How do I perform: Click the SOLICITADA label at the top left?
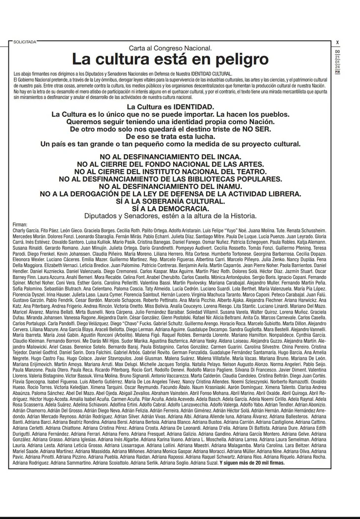25,42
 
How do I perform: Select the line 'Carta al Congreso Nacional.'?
170,48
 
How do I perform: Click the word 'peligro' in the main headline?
227,60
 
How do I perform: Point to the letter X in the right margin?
337,42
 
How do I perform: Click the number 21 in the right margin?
337,57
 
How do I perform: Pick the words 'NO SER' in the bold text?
254,129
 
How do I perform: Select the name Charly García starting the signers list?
26,230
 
